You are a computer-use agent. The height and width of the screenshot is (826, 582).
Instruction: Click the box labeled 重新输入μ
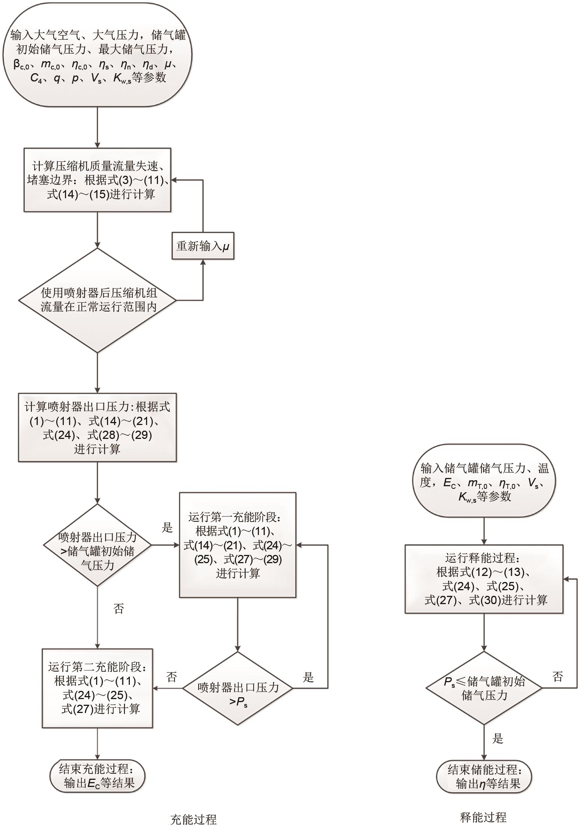point(203,246)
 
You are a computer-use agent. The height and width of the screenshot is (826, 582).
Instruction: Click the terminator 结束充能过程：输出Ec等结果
point(97,776)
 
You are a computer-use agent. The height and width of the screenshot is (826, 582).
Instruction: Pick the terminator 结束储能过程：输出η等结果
point(484,777)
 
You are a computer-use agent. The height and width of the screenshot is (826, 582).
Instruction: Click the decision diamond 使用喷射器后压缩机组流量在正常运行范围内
point(98,300)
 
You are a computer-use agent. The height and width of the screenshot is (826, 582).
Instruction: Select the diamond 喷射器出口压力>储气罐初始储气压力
point(98,545)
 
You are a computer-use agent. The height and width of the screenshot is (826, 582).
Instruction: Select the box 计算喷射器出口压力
point(97,427)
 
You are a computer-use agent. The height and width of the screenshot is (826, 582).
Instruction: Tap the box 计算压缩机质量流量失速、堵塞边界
point(98,180)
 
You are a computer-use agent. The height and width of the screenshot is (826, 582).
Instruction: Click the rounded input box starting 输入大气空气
point(98,56)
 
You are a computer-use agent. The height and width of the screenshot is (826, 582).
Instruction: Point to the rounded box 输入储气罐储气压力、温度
point(484,482)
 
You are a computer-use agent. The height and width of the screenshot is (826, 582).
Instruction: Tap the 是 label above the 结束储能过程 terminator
point(498,739)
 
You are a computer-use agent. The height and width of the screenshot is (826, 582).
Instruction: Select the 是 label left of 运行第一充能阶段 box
point(167,528)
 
